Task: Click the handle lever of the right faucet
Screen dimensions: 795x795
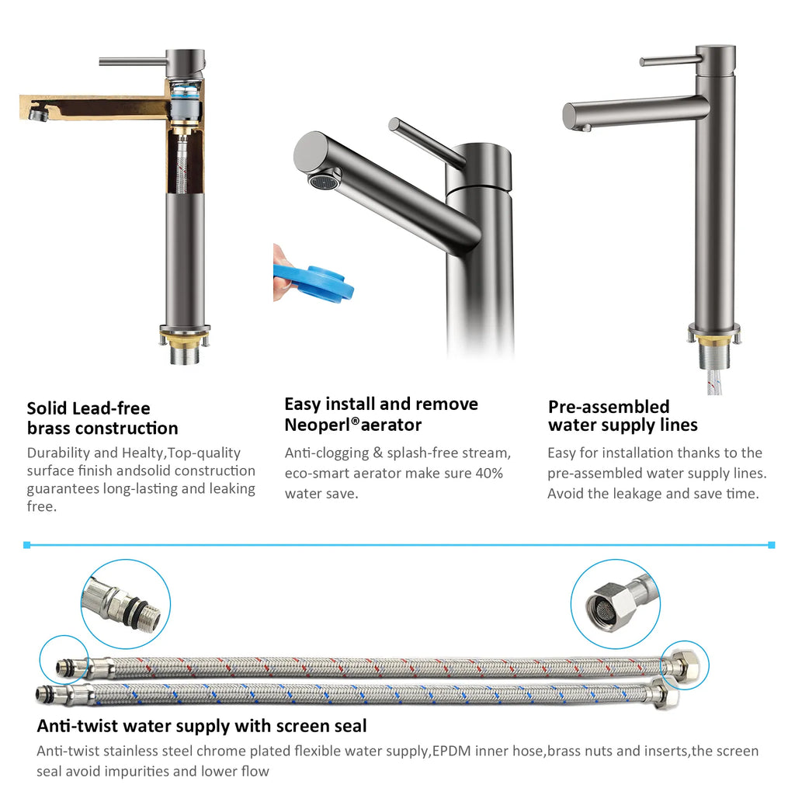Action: pos(669,61)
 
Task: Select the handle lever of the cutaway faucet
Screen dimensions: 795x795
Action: pos(134,62)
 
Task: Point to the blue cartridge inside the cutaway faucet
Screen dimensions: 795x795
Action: pos(185,93)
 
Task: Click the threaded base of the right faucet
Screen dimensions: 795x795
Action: pos(714,352)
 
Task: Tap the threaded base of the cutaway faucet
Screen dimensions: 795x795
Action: pos(185,351)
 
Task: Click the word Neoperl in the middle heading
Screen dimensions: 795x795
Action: pos(318,425)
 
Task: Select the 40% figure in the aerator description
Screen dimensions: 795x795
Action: pos(489,473)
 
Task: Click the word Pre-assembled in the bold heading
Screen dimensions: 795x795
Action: pos(609,407)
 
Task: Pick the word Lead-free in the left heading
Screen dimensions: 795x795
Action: pos(110,408)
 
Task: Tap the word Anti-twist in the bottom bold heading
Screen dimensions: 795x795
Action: pos(78,726)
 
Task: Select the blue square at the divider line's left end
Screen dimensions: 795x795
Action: pos(27,545)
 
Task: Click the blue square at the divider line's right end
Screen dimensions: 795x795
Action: pos(771,545)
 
